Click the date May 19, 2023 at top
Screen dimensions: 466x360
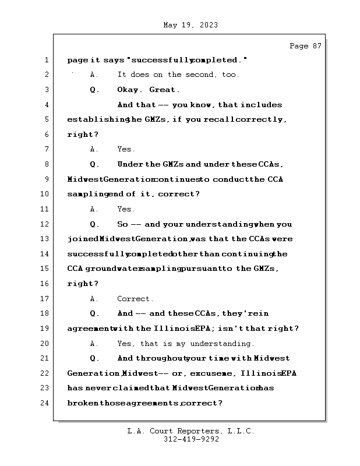190,25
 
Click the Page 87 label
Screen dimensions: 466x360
305,46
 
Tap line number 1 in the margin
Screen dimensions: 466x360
45,60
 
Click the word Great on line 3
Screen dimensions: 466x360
164,90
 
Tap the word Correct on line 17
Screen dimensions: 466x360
135,299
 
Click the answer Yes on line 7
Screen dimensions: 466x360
126,149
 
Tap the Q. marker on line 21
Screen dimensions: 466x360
95,358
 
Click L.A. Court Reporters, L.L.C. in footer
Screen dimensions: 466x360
190,431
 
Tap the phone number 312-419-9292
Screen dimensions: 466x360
190,439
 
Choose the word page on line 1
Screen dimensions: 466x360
77,60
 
